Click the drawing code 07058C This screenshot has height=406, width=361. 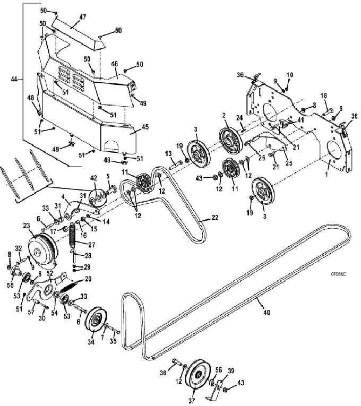pos(338,274)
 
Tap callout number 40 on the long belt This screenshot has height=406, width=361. pos(267,313)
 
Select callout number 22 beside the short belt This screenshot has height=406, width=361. pos(215,218)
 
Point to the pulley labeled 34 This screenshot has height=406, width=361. pos(97,323)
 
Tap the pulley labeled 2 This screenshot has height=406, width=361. pos(229,139)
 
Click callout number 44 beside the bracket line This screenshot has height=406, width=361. pos(14,79)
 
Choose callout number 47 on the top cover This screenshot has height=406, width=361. pos(83,18)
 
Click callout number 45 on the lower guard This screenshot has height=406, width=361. pos(145,127)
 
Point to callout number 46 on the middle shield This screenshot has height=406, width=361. pos(114,64)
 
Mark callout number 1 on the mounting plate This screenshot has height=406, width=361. pos(326,175)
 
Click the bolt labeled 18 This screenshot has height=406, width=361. pos(328,113)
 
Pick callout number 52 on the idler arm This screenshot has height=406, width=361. pos(49,273)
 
